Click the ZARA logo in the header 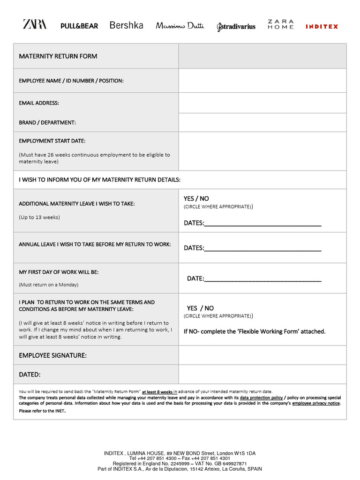pyautogui.click(x=35, y=24)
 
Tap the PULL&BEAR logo pyautogui.click(x=79, y=26)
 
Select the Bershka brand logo pyautogui.click(x=126, y=25)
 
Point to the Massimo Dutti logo pyautogui.click(x=180, y=26)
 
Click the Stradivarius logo pyautogui.click(x=236, y=27)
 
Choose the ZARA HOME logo pyautogui.click(x=281, y=24)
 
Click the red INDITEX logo pyautogui.click(x=322, y=27)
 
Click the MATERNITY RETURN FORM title pyautogui.click(x=58, y=56)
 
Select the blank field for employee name pyautogui.click(x=262, y=81)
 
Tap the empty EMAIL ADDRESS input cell pyautogui.click(x=262, y=103)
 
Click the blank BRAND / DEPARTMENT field pyautogui.click(x=262, y=122)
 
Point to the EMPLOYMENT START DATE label pyautogui.click(x=52, y=141)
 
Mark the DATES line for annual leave pyautogui.click(x=262, y=248)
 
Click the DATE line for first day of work pyautogui.click(x=262, y=278)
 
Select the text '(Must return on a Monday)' pyautogui.click(x=49, y=285)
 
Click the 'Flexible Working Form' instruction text pyautogui.click(x=255, y=331)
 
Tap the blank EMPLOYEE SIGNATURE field pyautogui.click(x=262, y=355)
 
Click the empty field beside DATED pyautogui.click(x=262, y=375)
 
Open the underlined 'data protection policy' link pyautogui.click(x=261, y=397)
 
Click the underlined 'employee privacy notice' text pyautogui.click(x=316, y=403)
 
